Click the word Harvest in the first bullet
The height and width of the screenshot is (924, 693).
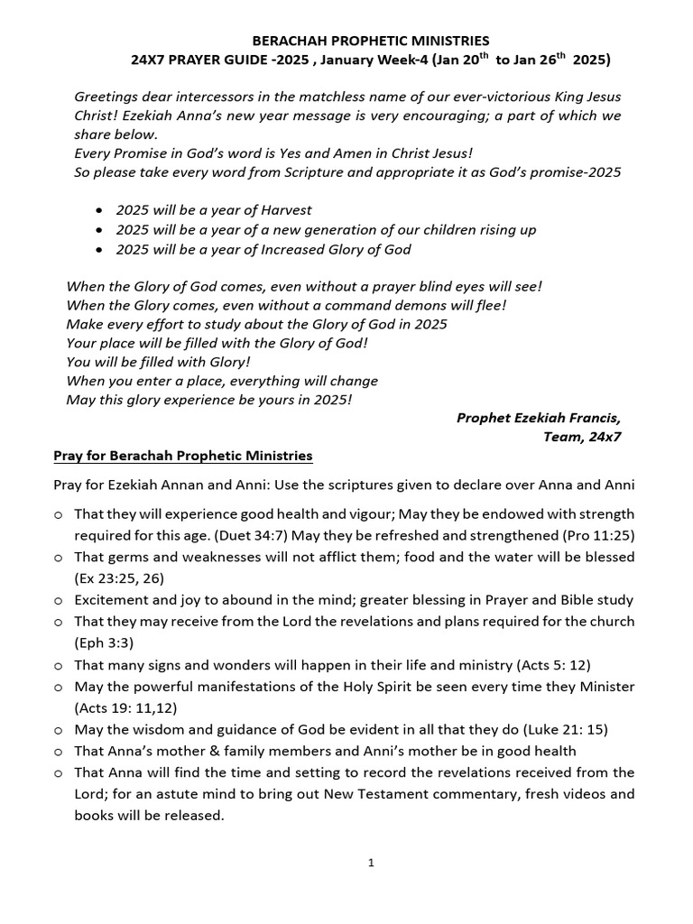click(281, 209)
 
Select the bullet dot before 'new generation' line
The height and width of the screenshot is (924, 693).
click(98, 230)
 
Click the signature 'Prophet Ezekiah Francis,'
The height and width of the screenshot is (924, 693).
click(539, 417)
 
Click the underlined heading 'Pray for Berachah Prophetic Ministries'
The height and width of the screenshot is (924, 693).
click(183, 457)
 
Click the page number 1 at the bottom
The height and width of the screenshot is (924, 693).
click(371, 863)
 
